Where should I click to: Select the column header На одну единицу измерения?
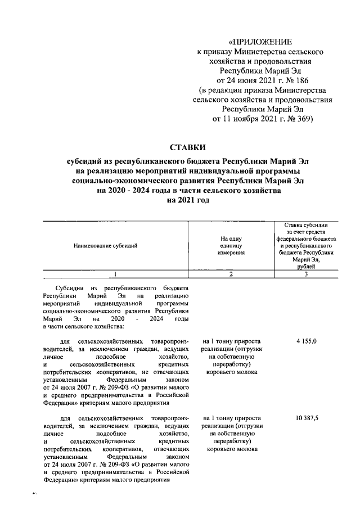click(x=231, y=246)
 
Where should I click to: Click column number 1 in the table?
click(x=115, y=274)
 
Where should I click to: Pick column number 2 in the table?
click(x=231, y=274)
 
